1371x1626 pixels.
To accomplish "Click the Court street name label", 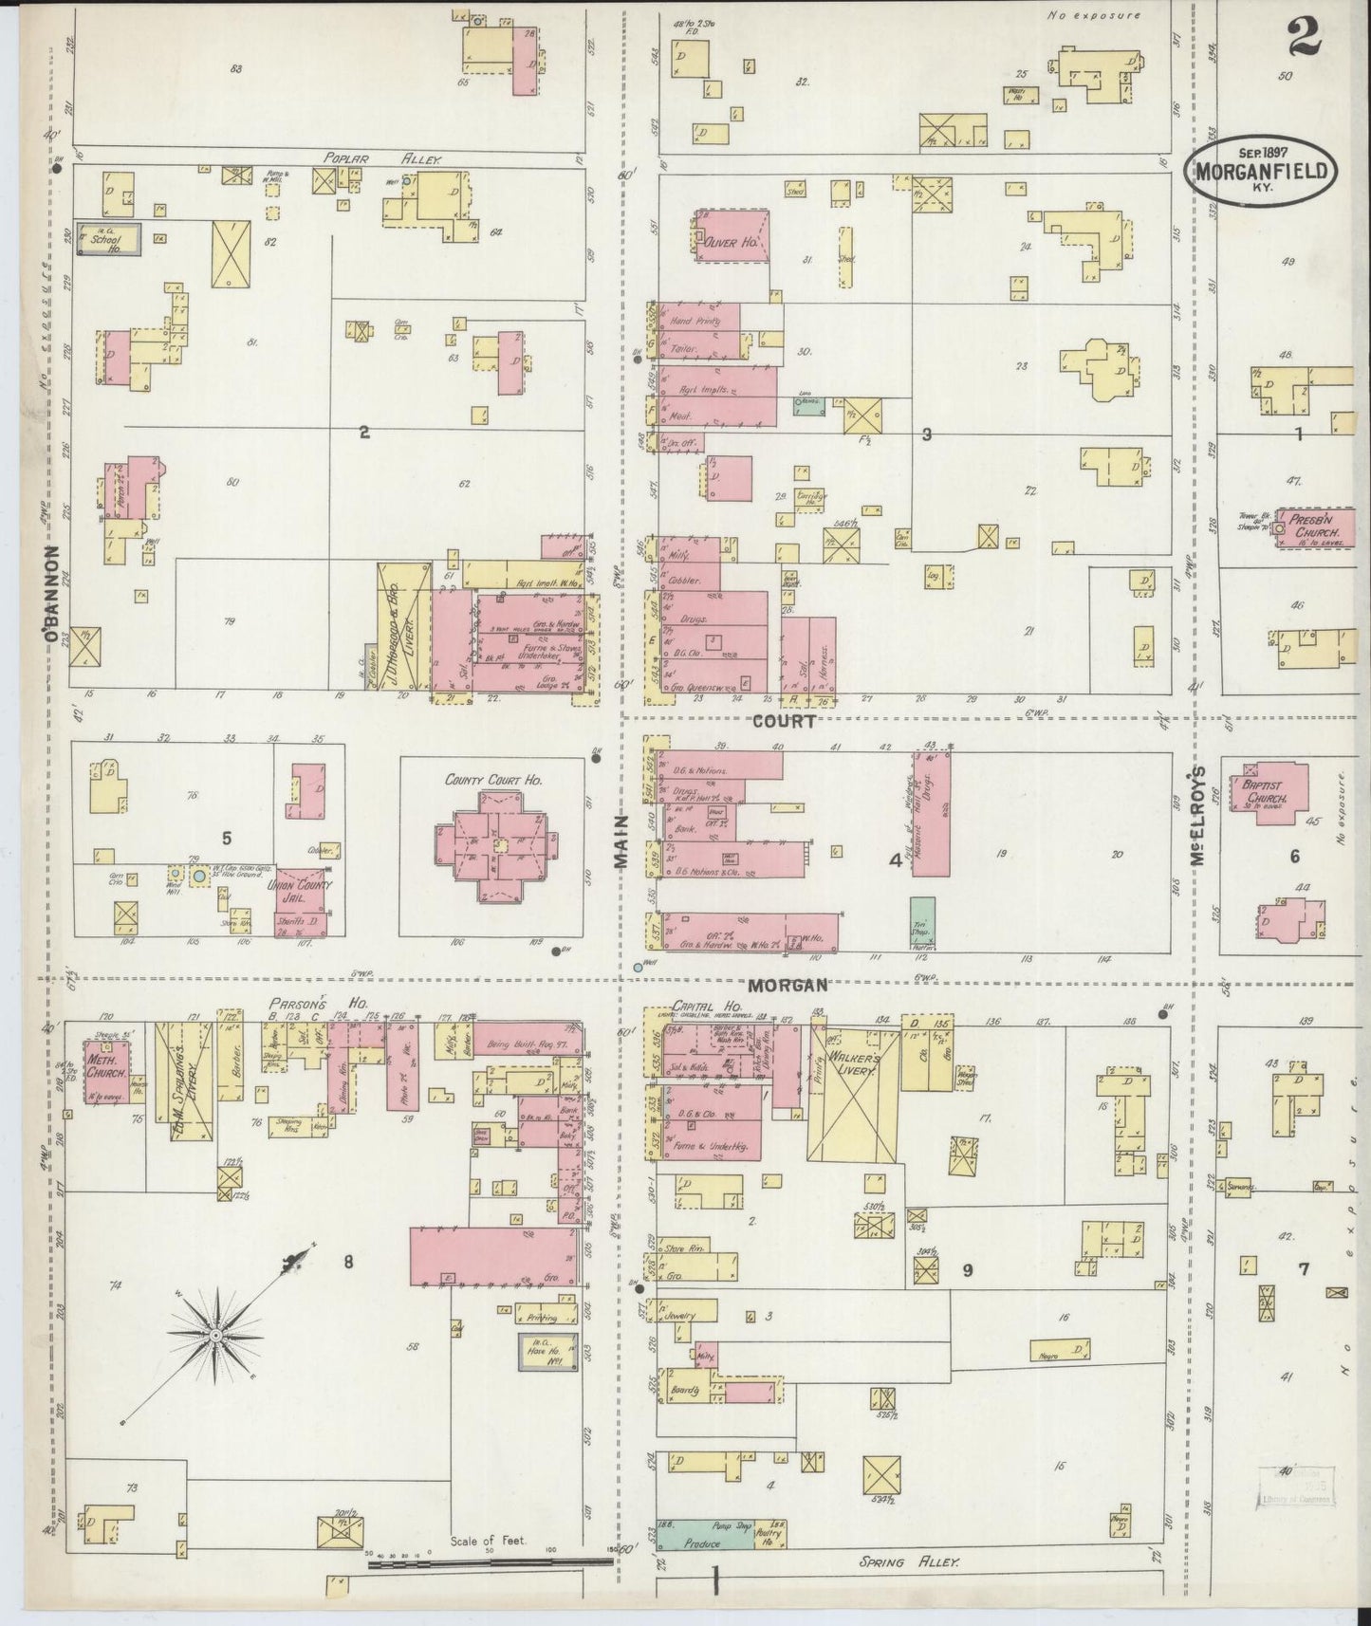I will point(784,721).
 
